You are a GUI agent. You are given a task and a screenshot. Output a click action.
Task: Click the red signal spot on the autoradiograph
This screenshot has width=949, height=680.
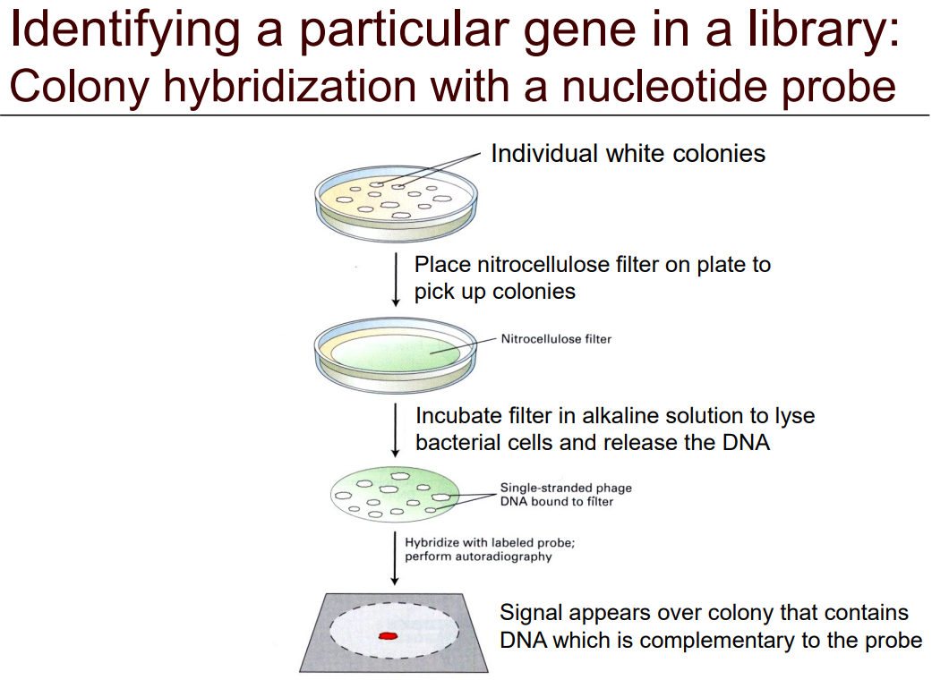click(388, 635)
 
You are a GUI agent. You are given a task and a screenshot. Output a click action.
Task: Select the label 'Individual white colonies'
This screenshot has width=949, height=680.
click(628, 154)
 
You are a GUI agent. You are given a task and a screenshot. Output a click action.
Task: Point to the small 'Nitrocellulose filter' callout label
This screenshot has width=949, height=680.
click(556, 339)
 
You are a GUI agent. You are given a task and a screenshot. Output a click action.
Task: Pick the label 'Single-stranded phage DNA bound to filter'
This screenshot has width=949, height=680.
click(566, 495)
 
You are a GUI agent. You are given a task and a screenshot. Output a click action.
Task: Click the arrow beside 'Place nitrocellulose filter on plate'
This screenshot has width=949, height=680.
click(396, 280)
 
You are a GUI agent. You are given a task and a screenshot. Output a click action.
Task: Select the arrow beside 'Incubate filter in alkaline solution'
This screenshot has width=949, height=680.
click(396, 429)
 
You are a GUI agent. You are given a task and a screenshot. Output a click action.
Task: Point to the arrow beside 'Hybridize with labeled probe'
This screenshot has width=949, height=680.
click(396, 557)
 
